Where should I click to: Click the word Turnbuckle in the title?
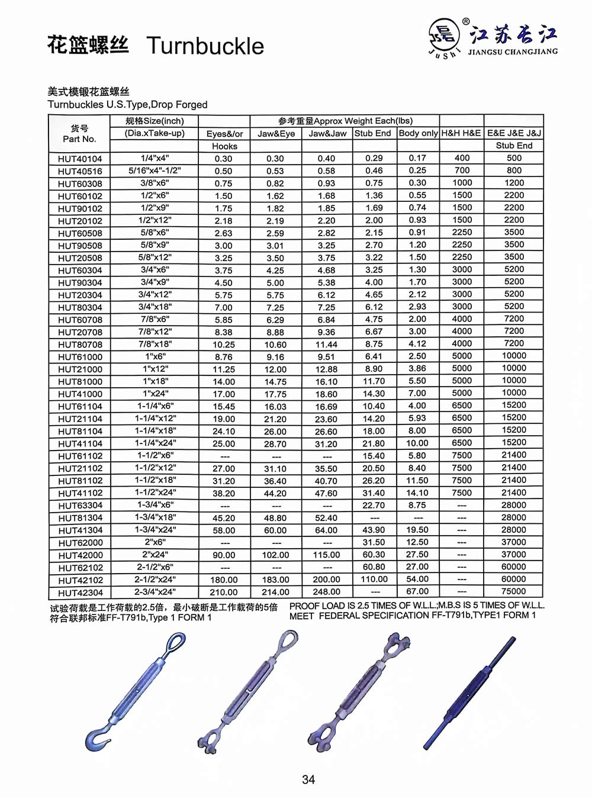click(205, 46)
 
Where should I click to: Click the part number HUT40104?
click(80, 159)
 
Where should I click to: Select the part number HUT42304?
click(80, 593)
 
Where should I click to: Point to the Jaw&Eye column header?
click(276, 134)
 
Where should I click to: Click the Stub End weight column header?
click(373, 133)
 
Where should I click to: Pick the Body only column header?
click(418, 133)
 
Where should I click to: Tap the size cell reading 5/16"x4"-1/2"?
click(155, 170)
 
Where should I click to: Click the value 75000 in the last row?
click(513, 591)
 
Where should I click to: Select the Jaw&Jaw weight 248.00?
click(326, 592)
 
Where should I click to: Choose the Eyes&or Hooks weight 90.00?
click(224, 555)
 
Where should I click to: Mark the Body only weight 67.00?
click(417, 591)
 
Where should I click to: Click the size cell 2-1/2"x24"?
click(155, 580)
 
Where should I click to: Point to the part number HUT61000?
click(80, 357)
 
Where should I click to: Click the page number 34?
click(308, 780)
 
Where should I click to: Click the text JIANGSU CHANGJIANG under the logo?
click(513, 52)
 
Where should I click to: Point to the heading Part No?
click(79, 139)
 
